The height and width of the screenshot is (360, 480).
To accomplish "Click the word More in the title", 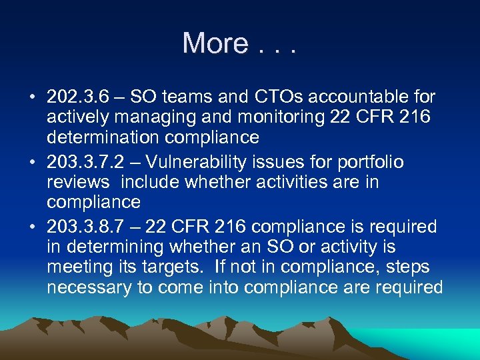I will coord(215,43).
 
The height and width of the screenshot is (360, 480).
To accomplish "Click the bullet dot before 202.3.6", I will coord(31,98).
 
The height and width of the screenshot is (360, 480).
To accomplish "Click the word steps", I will coord(405,267).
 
